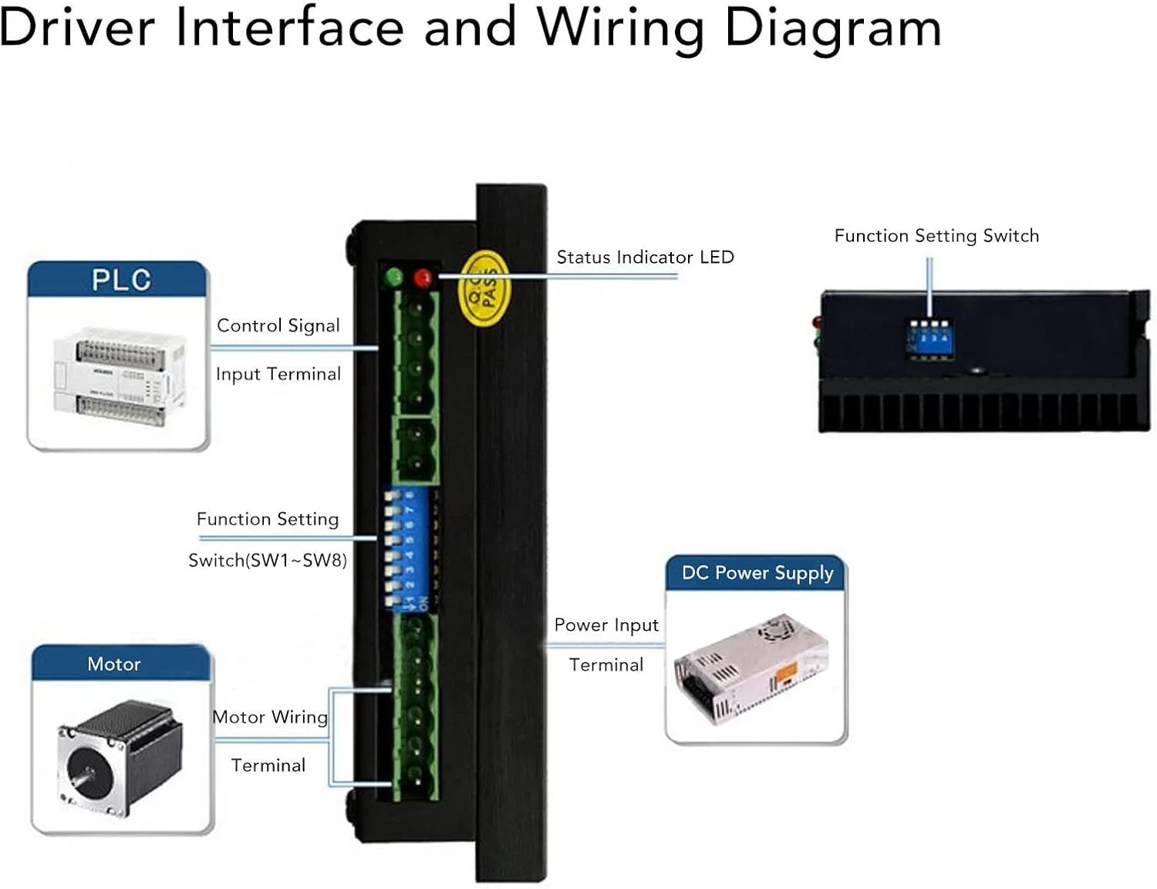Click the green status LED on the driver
pyautogui.click(x=394, y=277)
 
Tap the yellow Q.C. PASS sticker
pyautogui.click(x=485, y=289)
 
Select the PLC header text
pyautogui.click(x=121, y=280)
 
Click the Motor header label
pyautogui.click(x=114, y=664)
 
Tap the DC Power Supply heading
pyautogui.click(x=757, y=573)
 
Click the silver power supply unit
pyautogui.click(x=752, y=668)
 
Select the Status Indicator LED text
pyautogui.click(x=645, y=258)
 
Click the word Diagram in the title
pyautogui.click(x=833, y=29)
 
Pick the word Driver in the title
pyautogui.click(x=77, y=29)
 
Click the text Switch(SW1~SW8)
pyautogui.click(x=268, y=561)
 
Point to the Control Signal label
pyautogui.click(x=278, y=325)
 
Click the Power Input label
pyautogui.click(x=606, y=625)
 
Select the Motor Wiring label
pyautogui.click(x=270, y=717)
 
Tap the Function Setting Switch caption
pyautogui.click(x=936, y=236)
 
